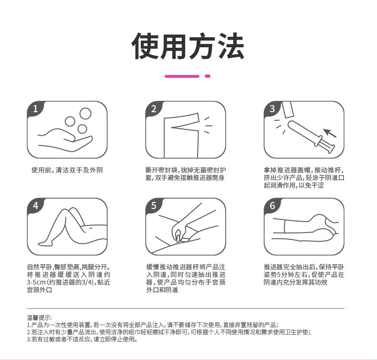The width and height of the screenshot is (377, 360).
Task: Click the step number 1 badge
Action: click(35, 109)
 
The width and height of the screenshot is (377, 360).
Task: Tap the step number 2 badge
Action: click(154, 109)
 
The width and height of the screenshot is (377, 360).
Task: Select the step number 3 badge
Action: click(272, 109)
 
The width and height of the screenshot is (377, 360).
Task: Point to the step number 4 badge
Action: click(35, 206)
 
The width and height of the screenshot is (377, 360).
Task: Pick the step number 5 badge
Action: click(154, 206)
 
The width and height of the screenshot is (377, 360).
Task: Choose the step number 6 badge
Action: click(272, 206)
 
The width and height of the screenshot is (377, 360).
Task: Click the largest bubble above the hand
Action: click(85, 114)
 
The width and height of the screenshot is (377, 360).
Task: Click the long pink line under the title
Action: click(182, 76)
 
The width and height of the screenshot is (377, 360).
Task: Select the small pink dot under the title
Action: click(208, 76)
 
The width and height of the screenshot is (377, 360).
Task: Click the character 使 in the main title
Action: click(146, 46)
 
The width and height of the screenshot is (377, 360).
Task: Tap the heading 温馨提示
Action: click(39, 318)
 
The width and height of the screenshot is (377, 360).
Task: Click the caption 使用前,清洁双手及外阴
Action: click(67, 170)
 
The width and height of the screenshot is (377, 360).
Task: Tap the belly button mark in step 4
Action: click(91, 227)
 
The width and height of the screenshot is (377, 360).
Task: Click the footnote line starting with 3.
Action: click(82, 339)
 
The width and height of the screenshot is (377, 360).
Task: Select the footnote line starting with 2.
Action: click(169, 332)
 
